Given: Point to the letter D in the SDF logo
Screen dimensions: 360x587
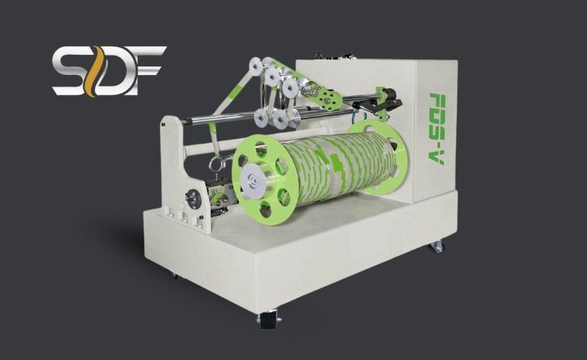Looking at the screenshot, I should pyautogui.click(x=114, y=71).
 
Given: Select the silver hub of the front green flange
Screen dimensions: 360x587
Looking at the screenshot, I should pyautogui.click(x=253, y=179).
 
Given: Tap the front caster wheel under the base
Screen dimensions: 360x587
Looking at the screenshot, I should pyautogui.click(x=268, y=318).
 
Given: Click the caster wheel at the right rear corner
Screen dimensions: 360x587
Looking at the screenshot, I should pyautogui.click(x=437, y=247).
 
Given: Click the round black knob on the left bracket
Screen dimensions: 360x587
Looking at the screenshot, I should pyautogui.click(x=194, y=199).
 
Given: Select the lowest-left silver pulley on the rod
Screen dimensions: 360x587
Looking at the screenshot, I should pyautogui.click(x=261, y=117).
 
